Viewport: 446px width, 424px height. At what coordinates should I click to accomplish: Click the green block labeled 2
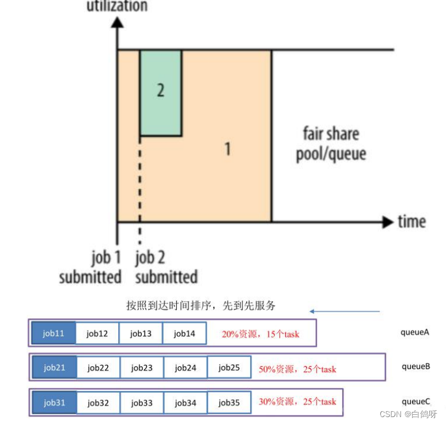click(161, 92)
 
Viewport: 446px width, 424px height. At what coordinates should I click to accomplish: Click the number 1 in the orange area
click(227, 149)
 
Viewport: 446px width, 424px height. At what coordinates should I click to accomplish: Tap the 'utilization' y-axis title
click(117, 6)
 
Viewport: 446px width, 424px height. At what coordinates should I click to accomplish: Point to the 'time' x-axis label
click(411, 222)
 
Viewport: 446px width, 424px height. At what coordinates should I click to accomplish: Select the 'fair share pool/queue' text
click(331, 144)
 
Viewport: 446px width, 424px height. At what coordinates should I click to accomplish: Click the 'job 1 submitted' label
click(90, 267)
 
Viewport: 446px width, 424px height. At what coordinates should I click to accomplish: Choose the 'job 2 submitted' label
click(166, 267)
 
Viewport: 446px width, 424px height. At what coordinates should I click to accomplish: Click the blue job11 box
click(54, 333)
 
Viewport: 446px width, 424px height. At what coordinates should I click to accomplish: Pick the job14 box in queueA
click(184, 333)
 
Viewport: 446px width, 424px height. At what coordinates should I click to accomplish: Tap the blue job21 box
click(54, 367)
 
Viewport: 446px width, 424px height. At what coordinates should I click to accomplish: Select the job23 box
click(142, 367)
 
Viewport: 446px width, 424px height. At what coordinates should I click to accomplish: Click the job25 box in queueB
click(229, 367)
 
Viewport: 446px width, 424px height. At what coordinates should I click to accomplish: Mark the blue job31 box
click(54, 402)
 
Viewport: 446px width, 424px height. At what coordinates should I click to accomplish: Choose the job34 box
click(185, 402)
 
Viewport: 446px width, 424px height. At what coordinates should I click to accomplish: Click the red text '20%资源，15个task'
click(260, 334)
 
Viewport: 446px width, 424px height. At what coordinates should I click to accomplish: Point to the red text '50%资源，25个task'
click(297, 369)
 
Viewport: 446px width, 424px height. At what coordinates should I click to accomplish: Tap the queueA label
click(415, 332)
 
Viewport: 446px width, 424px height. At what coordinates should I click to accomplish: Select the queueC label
click(415, 402)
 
